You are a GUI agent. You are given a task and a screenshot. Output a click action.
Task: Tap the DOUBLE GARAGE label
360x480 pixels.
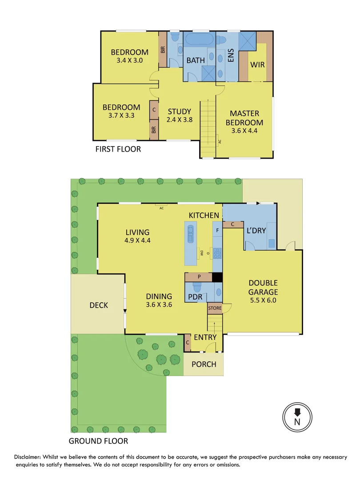click(x=263, y=288)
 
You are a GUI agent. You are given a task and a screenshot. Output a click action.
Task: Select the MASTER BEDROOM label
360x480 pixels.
click(x=244, y=118)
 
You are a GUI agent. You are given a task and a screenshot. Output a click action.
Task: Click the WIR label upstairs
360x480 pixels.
click(x=257, y=65)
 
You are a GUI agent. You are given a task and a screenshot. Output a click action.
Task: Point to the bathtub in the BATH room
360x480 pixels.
click(x=199, y=39)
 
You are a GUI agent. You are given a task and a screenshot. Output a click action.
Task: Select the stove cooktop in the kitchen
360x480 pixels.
click(x=217, y=253)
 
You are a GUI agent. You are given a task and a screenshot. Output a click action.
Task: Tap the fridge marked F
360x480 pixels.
click(x=217, y=231)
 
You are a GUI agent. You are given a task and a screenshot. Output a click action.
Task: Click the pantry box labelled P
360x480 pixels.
click(x=199, y=277)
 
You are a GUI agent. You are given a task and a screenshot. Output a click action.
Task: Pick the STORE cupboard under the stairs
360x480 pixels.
click(x=214, y=308)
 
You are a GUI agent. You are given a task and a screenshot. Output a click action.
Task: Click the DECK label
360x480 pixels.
click(x=99, y=305)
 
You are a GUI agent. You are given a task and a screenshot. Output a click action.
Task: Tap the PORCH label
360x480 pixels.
click(x=204, y=364)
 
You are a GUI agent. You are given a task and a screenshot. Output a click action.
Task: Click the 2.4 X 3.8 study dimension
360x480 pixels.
click(x=179, y=120)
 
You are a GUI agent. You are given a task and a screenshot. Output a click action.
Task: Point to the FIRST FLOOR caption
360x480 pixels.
click(x=118, y=149)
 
